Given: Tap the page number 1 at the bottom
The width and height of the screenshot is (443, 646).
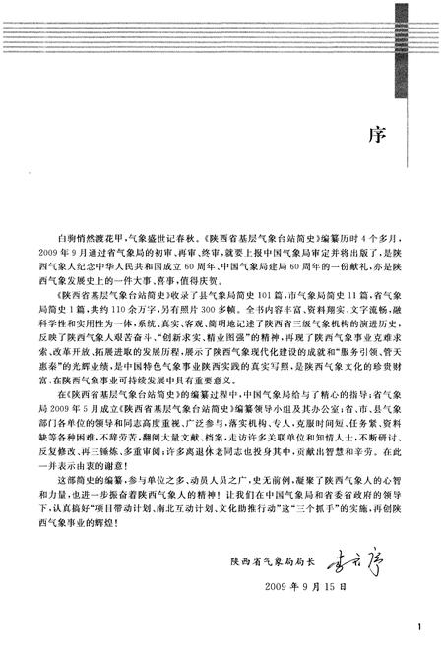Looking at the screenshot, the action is point(420,626).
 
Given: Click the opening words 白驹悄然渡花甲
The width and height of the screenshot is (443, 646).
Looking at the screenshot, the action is point(87,239).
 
